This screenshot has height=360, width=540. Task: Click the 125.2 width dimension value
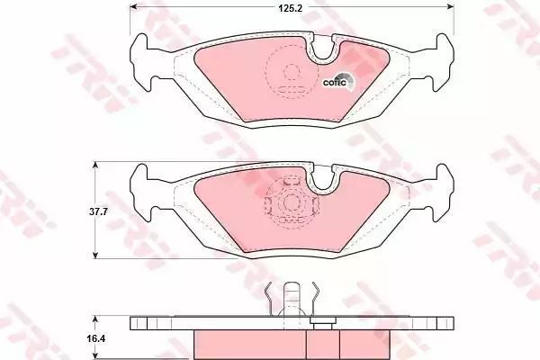point(290,8)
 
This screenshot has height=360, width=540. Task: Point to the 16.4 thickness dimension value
point(97,339)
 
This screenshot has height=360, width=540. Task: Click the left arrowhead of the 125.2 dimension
point(134,6)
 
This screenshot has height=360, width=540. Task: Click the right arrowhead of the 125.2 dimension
point(450,6)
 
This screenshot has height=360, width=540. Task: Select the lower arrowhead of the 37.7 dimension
point(95,254)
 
